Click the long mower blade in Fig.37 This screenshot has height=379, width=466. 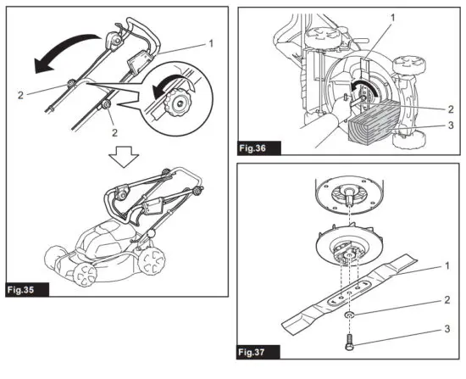[x=364, y=286]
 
